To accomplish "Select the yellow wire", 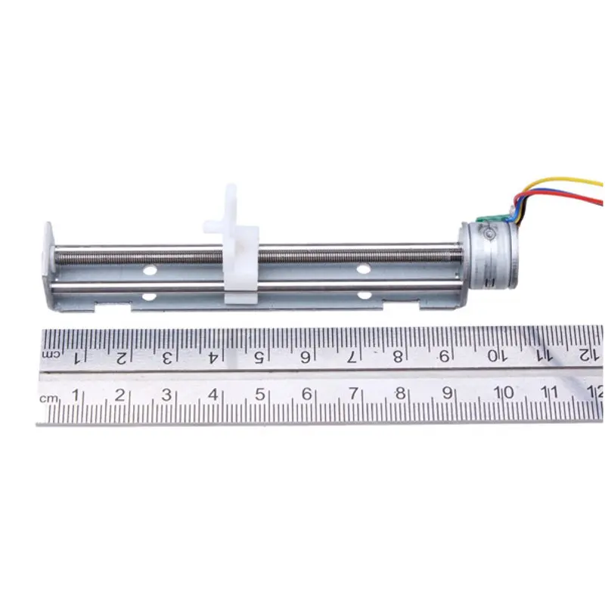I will (560, 181).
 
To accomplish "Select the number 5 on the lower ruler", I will (259, 394).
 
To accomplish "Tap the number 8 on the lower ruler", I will (400, 393).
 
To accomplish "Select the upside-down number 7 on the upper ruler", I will (353, 355).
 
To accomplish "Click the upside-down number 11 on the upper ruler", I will (542, 355).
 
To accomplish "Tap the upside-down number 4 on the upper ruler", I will (213, 356).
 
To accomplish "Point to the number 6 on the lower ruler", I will (306, 394).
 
